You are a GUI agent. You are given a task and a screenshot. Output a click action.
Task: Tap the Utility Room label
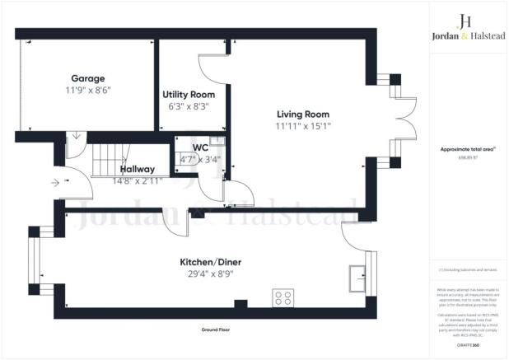coord(189,95)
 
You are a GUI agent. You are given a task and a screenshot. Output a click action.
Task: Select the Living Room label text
coord(279,115)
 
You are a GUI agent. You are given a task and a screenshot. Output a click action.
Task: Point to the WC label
coord(199,147)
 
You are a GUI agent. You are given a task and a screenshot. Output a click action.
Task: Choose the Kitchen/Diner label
coord(210,263)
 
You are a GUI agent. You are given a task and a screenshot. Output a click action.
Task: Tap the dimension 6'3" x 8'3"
coord(189,105)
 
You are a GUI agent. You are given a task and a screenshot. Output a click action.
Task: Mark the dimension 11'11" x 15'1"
coord(279,125)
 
